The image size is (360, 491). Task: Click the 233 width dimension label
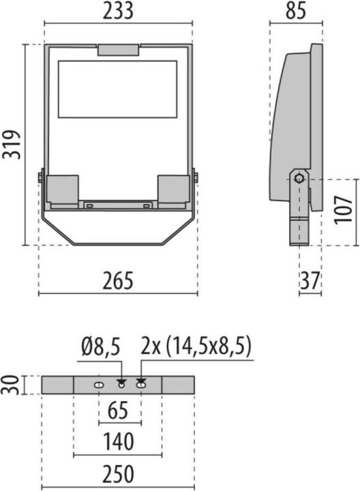(118, 12)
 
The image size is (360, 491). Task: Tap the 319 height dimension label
(12, 145)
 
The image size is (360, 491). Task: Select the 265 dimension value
(118, 280)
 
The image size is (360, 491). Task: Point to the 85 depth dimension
(296, 12)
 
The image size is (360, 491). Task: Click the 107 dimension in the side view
(346, 211)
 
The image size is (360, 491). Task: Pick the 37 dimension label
(310, 280)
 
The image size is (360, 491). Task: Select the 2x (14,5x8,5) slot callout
(196, 347)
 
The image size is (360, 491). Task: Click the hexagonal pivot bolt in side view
(299, 179)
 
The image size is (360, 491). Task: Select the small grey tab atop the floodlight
(118, 50)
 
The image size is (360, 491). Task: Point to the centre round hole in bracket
(122, 386)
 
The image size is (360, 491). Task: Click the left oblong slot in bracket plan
(99, 386)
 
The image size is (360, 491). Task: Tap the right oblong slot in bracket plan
(141, 386)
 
